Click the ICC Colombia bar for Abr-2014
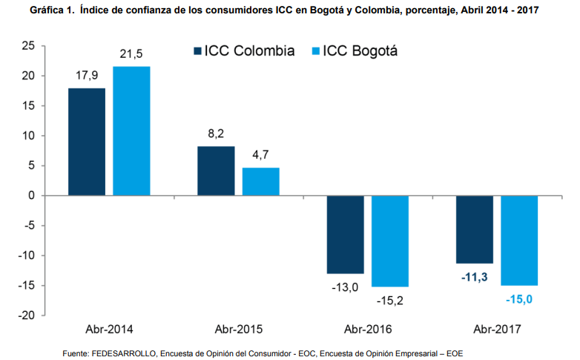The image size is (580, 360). tap(87, 142)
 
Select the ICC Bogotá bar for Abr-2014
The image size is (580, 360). tap(131, 131)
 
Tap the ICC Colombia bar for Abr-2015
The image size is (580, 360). tap(216, 171)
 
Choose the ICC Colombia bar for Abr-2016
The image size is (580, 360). tap(346, 235)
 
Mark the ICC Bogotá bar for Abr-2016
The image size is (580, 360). tap(390, 241)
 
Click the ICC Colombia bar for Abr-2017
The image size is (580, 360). tap(475, 229)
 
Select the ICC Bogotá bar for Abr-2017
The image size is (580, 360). tap(519, 240)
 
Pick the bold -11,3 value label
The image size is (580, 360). tap(475, 278)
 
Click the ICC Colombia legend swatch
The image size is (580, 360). tap(197, 51)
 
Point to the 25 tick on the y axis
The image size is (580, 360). tap(29, 46)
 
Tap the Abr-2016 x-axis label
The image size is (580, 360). tap(368, 328)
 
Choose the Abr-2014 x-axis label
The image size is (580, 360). tap(109, 328)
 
